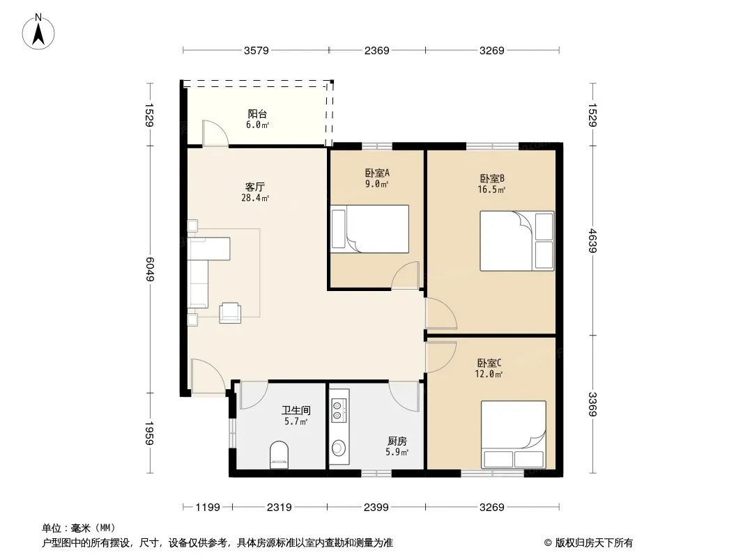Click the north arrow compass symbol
pyautogui.click(x=38, y=31)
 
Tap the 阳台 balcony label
pyautogui.click(x=257, y=113)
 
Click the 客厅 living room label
pyautogui.click(x=255, y=187)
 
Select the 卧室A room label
pyautogui.click(x=377, y=173)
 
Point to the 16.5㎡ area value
pyautogui.click(x=491, y=190)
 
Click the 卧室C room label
pyautogui.click(x=489, y=363)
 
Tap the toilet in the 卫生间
pyautogui.click(x=279, y=455)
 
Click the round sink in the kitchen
pyautogui.click(x=339, y=447)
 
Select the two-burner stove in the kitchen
pyautogui.click(x=339, y=410)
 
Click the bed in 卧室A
pyautogui.click(x=369, y=228)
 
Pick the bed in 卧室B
pyautogui.click(x=517, y=241)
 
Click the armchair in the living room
pyautogui.click(x=230, y=313)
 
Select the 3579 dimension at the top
pyautogui.click(x=256, y=50)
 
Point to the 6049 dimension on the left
pyautogui.click(x=150, y=269)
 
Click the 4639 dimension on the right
pyautogui.click(x=592, y=240)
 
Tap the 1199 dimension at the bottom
pyautogui.click(x=208, y=508)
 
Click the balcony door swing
pyautogui.click(x=215, y=133)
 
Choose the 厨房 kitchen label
pyautogui.click(x=397, y=441)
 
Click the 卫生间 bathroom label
pyautogui.click(x=296, y=410)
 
